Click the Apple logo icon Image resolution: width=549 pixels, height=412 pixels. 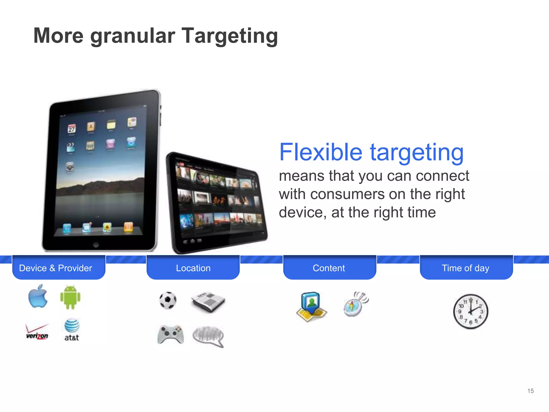point(38,296)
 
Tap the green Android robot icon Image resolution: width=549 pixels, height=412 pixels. point(70,297)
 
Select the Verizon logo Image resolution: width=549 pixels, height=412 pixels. point(37,332)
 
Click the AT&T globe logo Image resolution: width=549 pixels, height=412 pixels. point(72,326)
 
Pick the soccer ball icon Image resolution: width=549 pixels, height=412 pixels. point(168,300)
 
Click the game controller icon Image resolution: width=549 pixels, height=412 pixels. point(170,334)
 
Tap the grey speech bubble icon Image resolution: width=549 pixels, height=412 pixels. point(208,336)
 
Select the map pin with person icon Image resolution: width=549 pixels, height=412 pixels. point(311,306)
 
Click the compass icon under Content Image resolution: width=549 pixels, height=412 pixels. point(356,304)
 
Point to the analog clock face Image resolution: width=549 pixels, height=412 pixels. point(470,311)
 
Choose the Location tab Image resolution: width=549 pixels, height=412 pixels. point(193,268)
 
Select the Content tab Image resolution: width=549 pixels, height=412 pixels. point(329,268)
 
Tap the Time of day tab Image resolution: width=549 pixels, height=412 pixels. point(466,268)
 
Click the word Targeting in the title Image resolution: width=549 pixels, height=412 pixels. point(230,36)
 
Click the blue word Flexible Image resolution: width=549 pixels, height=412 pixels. point(321,152)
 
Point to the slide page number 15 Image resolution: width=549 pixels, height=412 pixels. point(530,391)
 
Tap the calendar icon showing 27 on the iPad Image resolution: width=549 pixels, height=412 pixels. point(72,129)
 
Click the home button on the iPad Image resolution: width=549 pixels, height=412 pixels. point(96,244)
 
